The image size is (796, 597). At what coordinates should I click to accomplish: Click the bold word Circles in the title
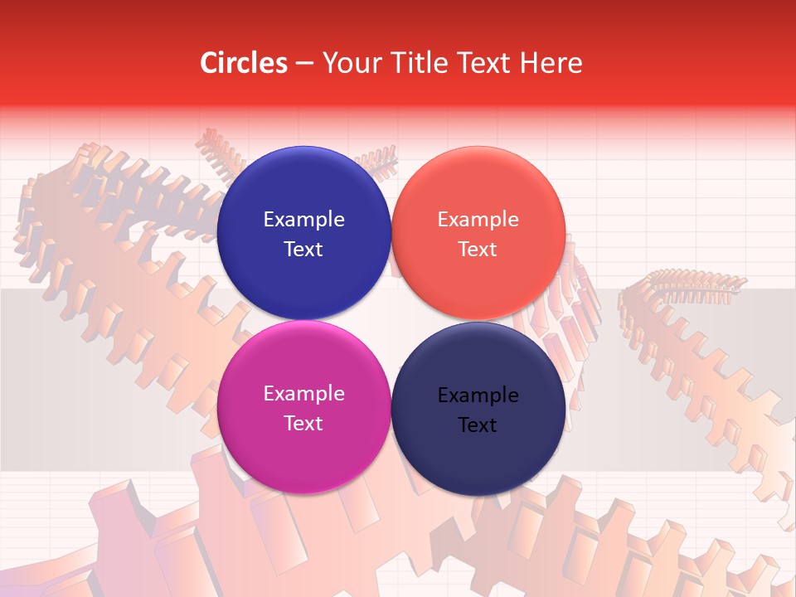243,63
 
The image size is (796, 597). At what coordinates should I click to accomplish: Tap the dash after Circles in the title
304,63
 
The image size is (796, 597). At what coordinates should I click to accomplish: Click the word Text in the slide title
483,63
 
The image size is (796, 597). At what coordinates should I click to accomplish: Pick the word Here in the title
551,63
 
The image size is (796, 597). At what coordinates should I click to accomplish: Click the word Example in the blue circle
303,220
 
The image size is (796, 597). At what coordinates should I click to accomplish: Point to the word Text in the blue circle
303,250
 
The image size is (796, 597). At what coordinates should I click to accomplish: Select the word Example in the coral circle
478,220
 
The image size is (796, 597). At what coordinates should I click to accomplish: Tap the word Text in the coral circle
478,250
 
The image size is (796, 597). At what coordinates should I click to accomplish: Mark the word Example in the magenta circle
303,394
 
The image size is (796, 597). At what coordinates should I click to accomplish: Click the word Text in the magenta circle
303,424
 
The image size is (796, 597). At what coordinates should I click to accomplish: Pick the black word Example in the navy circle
478,396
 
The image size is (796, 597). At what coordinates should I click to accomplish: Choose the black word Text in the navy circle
478,425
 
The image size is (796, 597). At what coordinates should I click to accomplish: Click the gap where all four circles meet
391,320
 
